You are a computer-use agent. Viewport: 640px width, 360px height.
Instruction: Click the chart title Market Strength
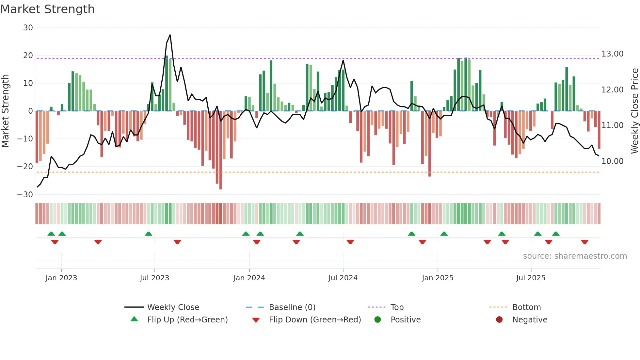tap(47, 9)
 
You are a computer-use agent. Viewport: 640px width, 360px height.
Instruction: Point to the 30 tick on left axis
tap(28, 28)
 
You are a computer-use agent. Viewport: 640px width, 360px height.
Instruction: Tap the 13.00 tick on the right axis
tap(612, 54)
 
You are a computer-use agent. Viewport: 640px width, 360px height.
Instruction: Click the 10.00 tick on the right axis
tap(612, 161)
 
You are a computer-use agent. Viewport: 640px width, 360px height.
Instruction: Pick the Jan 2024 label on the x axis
tap(249, 278)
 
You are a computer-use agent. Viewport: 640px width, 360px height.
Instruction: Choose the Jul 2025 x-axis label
tap(531, 278)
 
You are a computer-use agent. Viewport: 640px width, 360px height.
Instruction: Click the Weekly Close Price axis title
tap(634, 111)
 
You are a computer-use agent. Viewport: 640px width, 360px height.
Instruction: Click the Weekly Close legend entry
tap(173, 307)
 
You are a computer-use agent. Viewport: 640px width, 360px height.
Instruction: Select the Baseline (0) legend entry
tap(292, 307)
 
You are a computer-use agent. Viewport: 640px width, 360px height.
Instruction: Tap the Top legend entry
tap(397, 307)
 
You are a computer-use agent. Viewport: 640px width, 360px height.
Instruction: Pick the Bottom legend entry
tap(526, 307)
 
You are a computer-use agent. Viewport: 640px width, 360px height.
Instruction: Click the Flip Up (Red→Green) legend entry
tap(187, 320)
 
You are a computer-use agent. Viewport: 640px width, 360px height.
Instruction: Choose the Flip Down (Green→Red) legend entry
tap(315, 320)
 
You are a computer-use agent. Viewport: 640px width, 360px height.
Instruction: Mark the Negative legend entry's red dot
tap(499, 320)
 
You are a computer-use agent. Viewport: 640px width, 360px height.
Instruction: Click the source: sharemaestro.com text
tap(575, 256)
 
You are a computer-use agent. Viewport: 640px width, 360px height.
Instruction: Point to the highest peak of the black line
tap(170, 35)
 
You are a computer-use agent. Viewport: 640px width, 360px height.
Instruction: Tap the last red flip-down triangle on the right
tap(584, 242)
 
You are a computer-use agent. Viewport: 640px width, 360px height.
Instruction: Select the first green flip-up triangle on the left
tap(51, 234)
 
